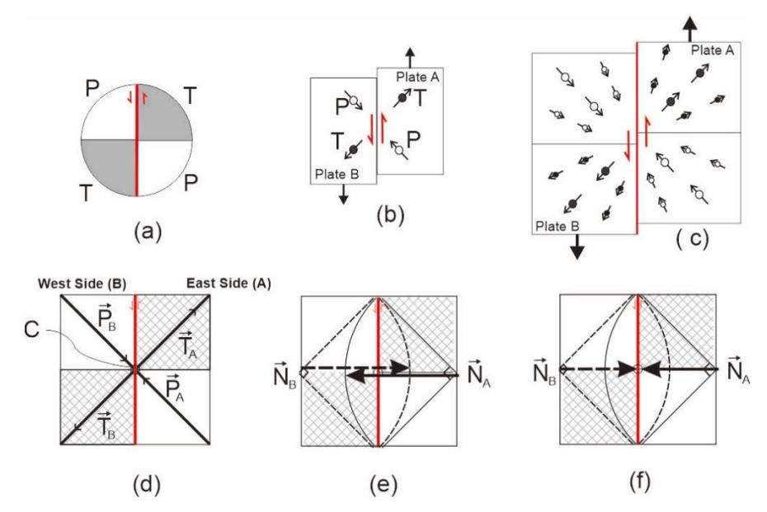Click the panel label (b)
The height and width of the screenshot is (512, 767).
tap(390, 214)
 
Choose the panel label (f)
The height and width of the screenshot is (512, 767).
tap(639, 482)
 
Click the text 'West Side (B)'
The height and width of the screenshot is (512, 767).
tap(82, 284)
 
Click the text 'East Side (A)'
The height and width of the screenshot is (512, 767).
tap(228, 284)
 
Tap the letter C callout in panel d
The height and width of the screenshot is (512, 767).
tap(31, 330)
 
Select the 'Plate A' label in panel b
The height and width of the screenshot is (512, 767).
tap(417, 77)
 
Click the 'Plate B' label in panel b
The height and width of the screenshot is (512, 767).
tap(336, 174)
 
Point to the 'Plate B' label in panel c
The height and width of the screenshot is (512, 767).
tap(558, 227)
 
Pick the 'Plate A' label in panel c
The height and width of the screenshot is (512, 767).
tap(713, 50)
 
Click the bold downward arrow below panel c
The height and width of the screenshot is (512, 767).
tap(577, 247)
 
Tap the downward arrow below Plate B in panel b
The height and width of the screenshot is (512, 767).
tap(343, 194)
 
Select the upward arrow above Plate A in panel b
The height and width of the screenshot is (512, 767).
tap(410, 58)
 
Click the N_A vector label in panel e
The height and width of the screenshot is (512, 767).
tap(479, 374)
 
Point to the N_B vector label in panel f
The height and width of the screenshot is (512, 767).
tap(544, 373)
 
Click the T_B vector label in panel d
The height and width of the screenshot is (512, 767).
tap(106, 425)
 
